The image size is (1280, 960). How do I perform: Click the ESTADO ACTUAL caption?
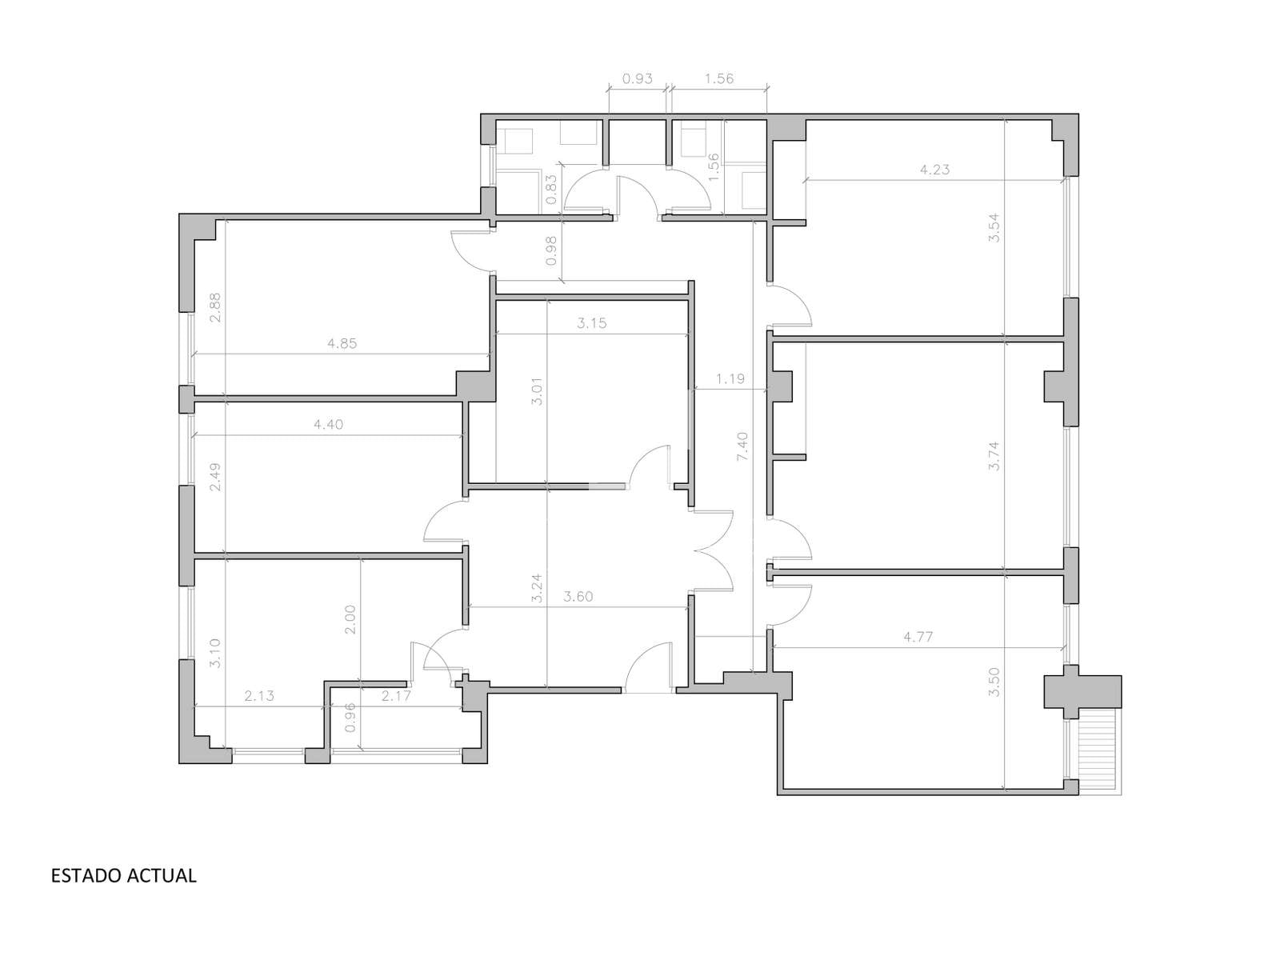[124, 875]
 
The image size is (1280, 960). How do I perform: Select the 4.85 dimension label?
[342, 343]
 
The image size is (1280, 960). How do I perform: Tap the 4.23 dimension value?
[934, 170]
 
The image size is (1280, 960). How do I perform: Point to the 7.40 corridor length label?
[742, 446]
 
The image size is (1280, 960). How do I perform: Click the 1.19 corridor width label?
[730, 379]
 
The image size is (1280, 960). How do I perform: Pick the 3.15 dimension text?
[592, 323]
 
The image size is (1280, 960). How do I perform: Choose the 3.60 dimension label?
[578, 597]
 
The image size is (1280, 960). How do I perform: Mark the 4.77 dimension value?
[918, 637]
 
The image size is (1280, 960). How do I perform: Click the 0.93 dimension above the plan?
[638, 78]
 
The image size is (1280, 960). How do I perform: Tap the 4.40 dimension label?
[328, 424]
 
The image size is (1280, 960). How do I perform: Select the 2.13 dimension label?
[259, 695]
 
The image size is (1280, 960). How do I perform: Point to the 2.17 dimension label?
[396, 695]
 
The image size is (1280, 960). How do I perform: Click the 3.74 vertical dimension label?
[994, 456]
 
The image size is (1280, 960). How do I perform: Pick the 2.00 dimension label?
[350, 620]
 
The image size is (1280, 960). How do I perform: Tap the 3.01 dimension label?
[537, 392]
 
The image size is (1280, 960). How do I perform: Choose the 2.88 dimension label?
[215, 307]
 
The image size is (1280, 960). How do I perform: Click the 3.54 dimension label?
[994, 229]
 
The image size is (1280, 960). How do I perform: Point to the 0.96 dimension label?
[350, 718]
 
